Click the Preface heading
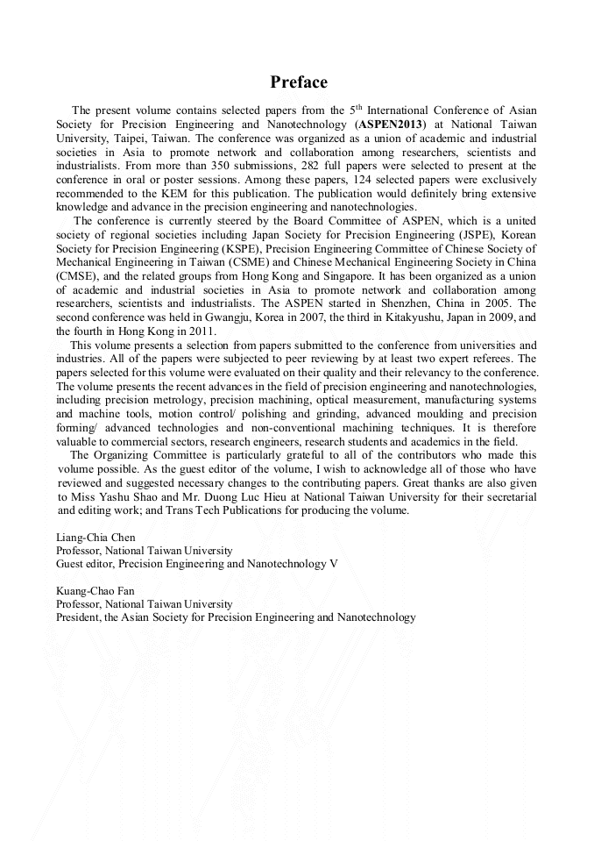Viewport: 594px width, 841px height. pos(299,82)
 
